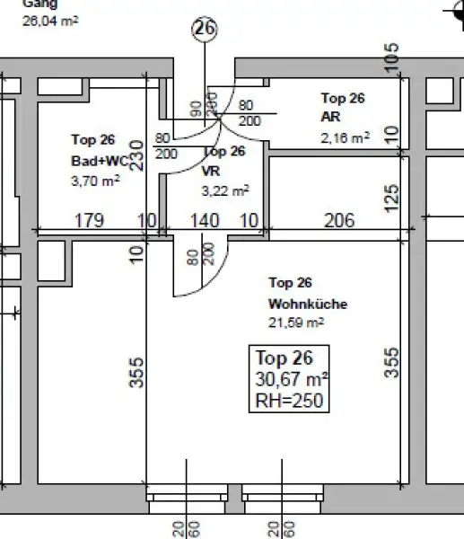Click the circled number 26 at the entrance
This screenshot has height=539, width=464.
[205, 30]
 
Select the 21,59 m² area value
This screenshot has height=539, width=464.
[295, 322]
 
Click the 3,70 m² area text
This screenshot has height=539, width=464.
[94, 180]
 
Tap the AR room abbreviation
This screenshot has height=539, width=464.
[329, 117]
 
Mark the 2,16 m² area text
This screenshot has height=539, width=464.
[345, 137]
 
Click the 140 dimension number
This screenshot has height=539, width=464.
[204, 220]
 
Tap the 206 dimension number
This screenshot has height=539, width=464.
[338, 220]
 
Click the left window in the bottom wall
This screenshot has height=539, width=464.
[187, 495]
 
